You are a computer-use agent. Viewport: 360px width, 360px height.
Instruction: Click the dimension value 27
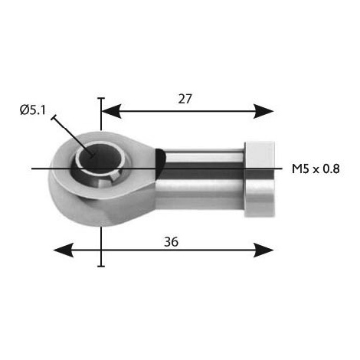coord(185,99)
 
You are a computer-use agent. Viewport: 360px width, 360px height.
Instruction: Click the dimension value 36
coord(171,241)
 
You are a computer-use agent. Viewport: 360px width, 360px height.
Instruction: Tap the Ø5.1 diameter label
coord(33,110)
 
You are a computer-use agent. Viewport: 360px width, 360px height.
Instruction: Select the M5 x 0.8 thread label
coord(316,169)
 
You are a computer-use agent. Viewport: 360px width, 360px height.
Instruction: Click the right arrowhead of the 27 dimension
coord(263,111)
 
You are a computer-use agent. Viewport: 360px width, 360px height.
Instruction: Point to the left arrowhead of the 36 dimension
coord(64,250)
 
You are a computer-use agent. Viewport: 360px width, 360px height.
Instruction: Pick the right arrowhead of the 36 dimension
coord(263,250)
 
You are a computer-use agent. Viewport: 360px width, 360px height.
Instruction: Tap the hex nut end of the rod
coord(260,179)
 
